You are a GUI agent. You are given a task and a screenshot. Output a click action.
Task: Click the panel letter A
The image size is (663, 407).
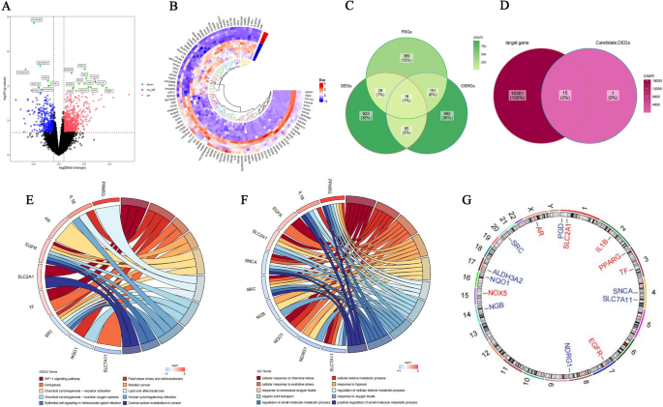(8, 9)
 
